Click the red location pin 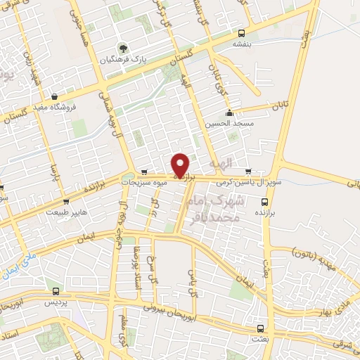(x=181, y=165)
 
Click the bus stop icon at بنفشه (x=242, y=32)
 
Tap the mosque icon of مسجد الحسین (x=229, y=113)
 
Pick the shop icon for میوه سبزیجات (x=144, y=171)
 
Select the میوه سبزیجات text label (x=145, y=182)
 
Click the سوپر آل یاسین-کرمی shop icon (x=247, y=171)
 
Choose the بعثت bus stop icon (x=260, y=328)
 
